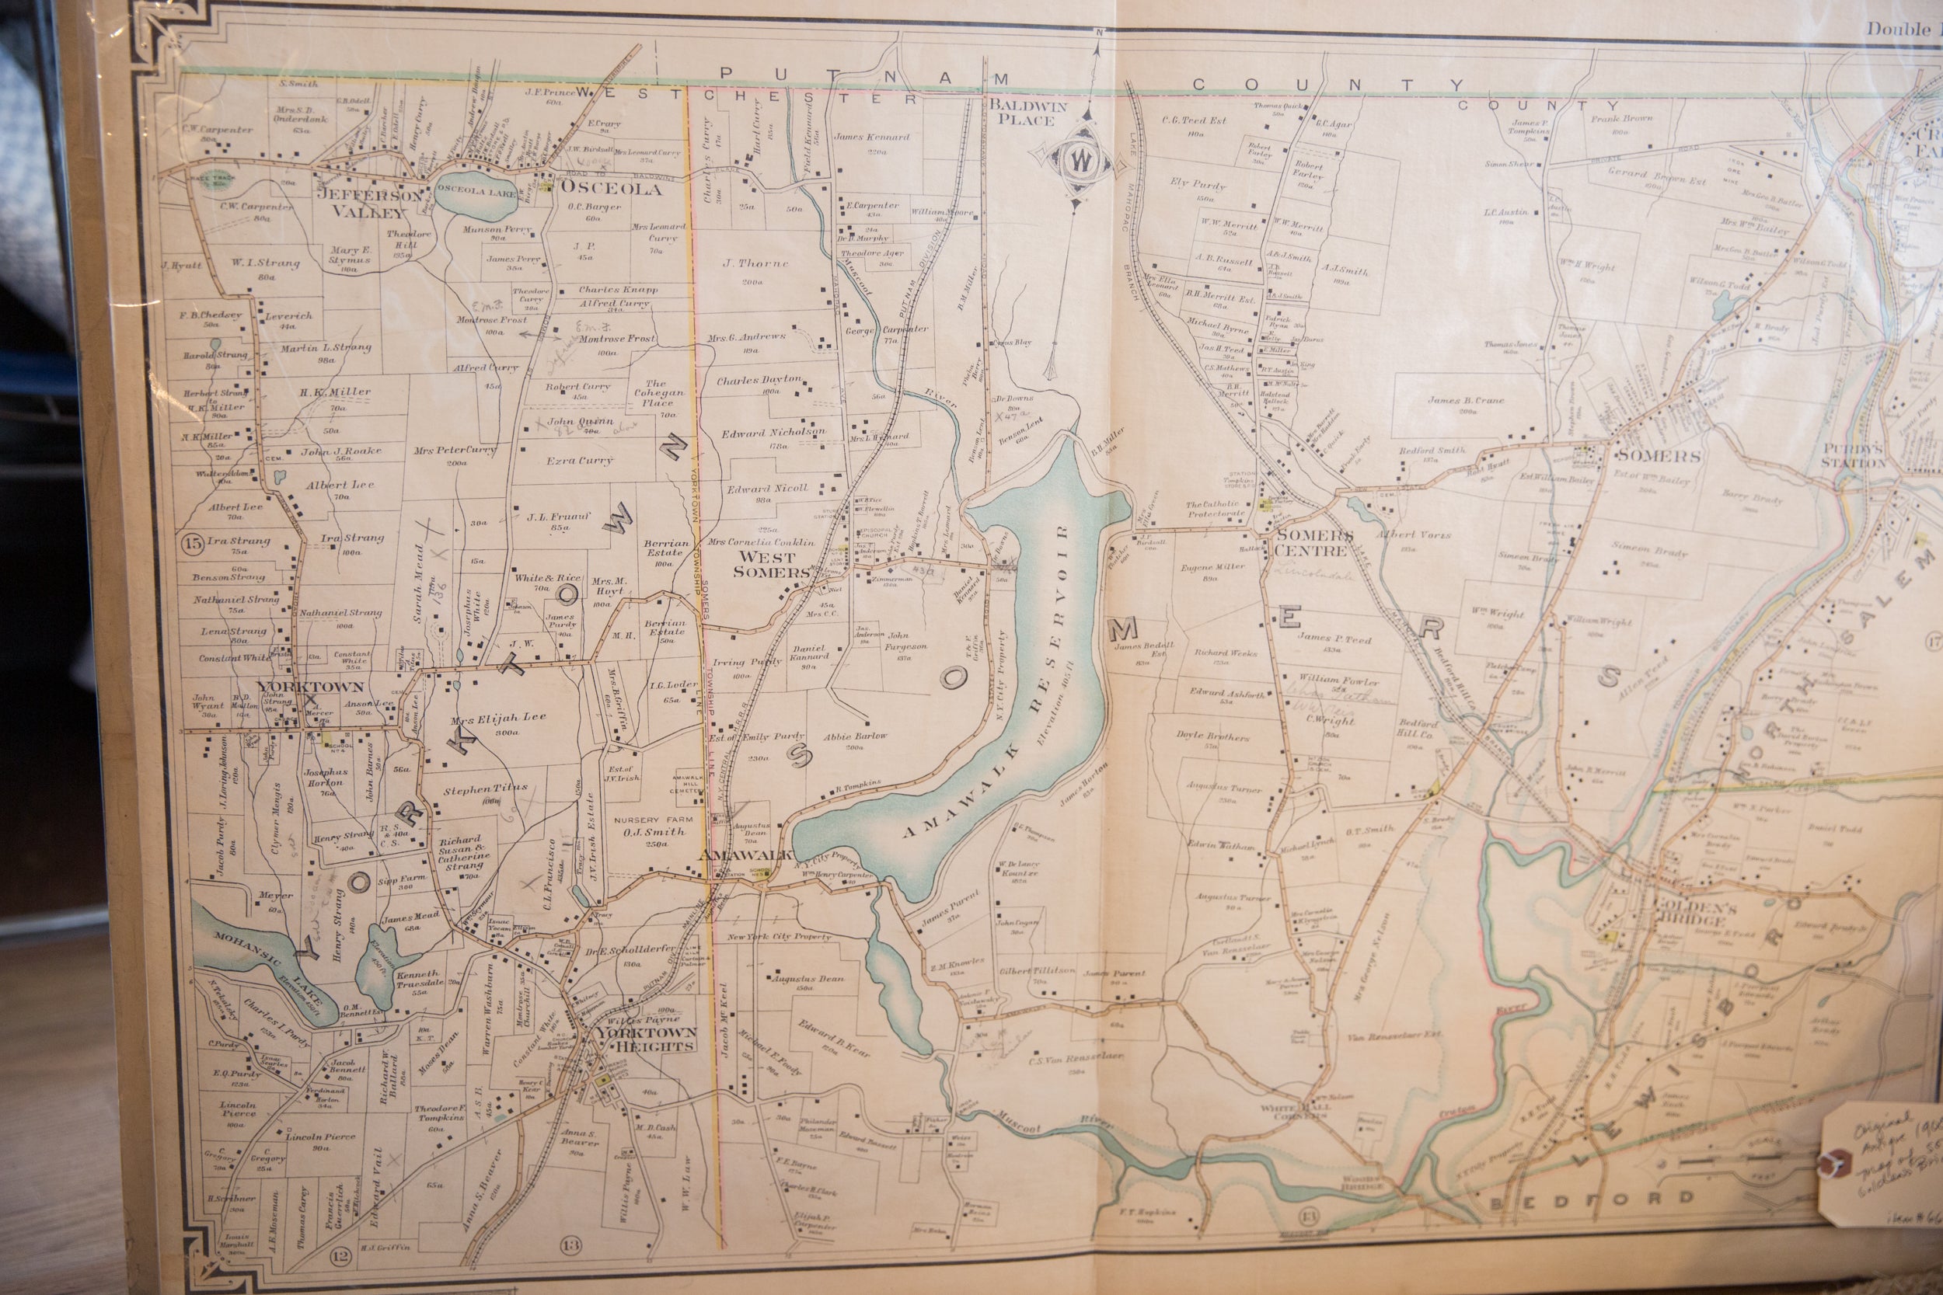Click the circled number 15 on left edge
pos(193,544)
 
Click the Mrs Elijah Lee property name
pos(498,719)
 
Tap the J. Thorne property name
pos(755,264)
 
